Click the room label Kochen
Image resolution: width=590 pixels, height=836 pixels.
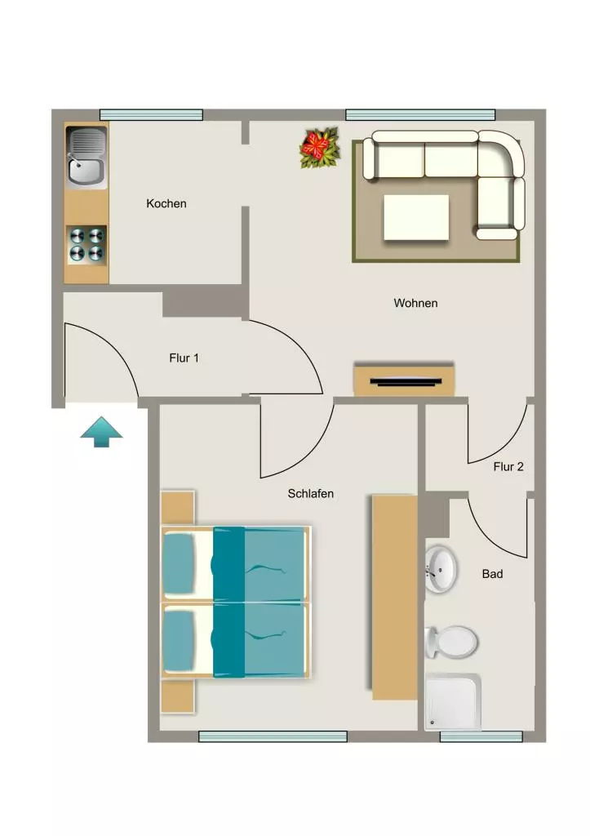coord(166,203)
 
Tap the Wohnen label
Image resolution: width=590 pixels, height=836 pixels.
coord(415,303)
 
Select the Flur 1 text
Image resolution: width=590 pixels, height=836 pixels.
coord(184,358)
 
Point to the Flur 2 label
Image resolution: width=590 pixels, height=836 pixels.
coord(508,466)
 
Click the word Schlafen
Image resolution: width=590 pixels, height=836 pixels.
coord(311,494)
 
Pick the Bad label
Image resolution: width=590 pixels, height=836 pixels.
coord(492,574)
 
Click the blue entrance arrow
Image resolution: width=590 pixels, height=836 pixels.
coord(101,432)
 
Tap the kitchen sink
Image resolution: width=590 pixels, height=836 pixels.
coord(87,156)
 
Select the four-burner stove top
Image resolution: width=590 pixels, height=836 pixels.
coord(87,245)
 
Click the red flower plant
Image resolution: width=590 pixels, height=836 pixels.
coord(319,148)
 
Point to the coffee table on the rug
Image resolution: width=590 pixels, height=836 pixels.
coord(416,217)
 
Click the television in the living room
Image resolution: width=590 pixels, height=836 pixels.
coord(406,381)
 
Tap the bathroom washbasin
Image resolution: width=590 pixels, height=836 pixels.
coord(441,568)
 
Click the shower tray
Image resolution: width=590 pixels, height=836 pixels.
coord(453,702)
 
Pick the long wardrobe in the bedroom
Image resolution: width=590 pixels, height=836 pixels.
coord(394,597)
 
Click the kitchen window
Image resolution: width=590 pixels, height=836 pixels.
coord(151,114)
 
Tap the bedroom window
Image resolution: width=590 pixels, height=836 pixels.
coord(273,736)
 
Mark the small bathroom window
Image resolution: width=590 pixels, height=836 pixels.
coord(481,736)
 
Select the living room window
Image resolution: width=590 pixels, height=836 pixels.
coord(420,114)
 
